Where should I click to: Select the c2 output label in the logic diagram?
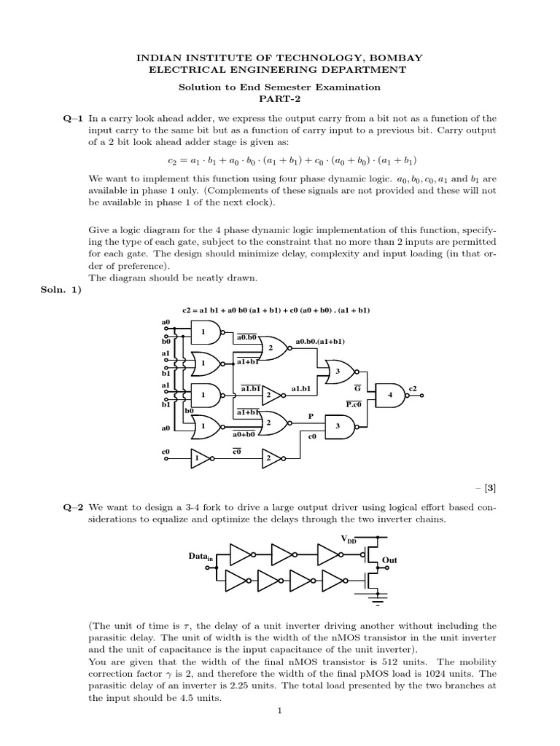pos(413,388)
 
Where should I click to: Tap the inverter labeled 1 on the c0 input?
pos(198,458)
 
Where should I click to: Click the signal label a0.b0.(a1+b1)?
pos(320,341)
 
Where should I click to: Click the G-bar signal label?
pos(357,388)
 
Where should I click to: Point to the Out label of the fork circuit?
pos(391,560)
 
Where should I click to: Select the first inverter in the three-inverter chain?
pos(240,554)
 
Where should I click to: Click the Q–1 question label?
pos(74,118)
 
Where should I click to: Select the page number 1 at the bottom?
pos(279,712)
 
